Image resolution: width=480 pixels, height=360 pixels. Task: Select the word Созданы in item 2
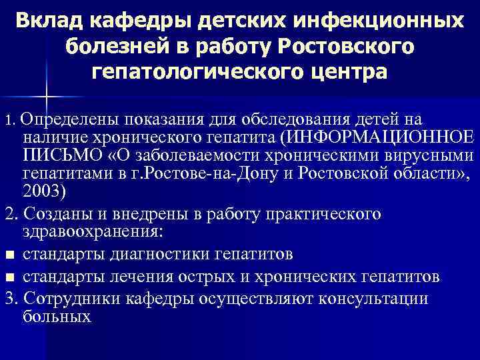(x=60, y=215)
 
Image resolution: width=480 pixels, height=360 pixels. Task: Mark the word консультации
(x=373, y=297)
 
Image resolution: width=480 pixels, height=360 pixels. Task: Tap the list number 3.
(x=9, y=297)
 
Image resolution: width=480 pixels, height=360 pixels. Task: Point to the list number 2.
(x=9, y=215)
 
